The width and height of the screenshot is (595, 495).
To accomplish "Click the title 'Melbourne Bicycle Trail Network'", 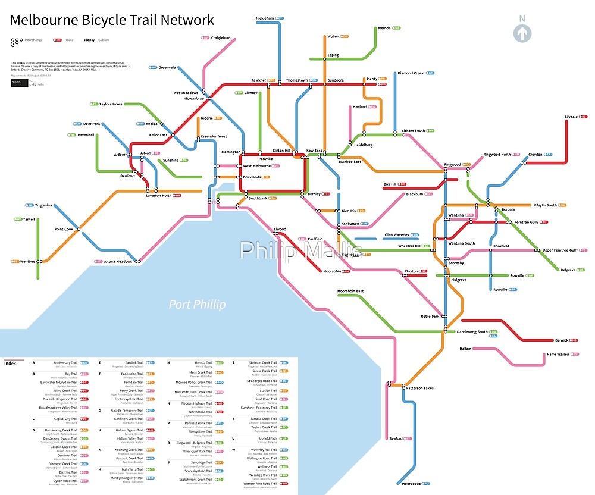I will [112, 20].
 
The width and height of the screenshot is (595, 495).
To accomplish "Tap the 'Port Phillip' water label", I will [197, 305].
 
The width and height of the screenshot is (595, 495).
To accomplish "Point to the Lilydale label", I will [571, 117].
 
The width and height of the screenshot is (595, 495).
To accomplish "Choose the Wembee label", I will [27, 261].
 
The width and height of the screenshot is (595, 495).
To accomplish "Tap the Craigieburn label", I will [221, 37].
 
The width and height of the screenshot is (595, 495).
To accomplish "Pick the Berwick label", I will [562, 340].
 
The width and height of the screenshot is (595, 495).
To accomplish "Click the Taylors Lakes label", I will [111, 104].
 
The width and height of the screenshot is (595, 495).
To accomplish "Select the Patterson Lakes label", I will [420, 388].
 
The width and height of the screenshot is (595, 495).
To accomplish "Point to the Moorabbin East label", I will [350, 291].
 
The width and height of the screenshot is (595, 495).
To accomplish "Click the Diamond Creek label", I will [411, 73].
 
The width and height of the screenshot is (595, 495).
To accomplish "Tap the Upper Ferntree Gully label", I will [560, 250].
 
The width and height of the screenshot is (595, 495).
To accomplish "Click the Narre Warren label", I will [558, 354].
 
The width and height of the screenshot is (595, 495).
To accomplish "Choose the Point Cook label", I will [64, 229].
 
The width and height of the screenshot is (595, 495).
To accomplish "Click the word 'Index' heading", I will [10, 364].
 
